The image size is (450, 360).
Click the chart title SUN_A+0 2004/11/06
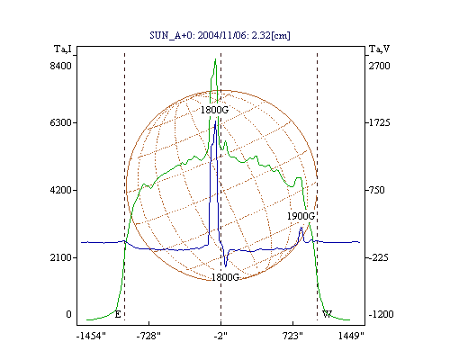click(x=220, y=35)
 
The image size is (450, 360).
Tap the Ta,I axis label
click(x=63, y=49)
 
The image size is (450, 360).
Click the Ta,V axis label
click(x=380, y=49)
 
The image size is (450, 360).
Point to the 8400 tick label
click(x=61, y=66)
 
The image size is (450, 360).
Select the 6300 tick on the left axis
click(x=61, y=122)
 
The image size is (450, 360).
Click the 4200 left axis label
click(x=61, y=190)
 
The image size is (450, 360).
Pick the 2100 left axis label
click(x=61, y=257)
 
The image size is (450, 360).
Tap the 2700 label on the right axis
click(x=380, y=66)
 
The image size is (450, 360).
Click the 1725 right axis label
click(x=380, y=122)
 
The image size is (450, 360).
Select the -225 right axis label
click(x=378, y=257)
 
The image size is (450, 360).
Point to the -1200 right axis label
click(x=381, y=314)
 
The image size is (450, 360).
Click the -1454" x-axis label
click(x=91, y=336)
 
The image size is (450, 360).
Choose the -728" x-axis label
click(x=148, y=336)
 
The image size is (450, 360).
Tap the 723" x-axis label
click(x=292, y=336)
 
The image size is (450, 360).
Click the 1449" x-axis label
click(x=351, y=336)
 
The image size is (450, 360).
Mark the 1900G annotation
click(x=301, y=216)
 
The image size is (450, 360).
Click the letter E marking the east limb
click(x=118, y=314)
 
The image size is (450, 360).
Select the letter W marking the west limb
click(x=327, y=314)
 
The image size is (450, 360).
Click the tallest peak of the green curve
click(x=215, y=59)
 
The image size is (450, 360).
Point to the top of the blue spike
click(x=215, y=121)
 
